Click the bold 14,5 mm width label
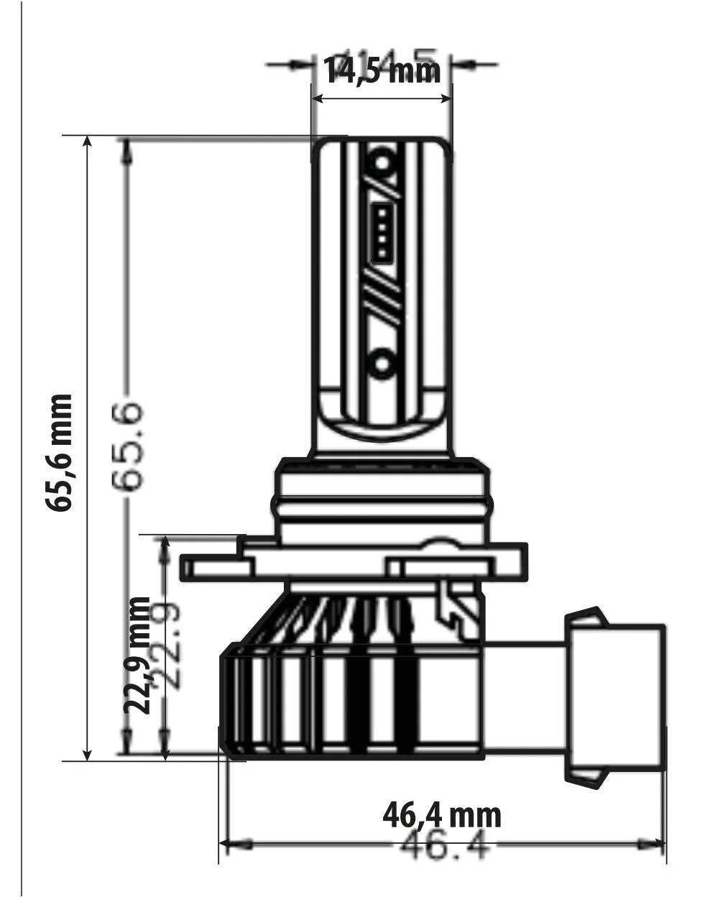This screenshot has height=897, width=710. point(382,70)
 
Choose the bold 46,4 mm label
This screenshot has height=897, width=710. point(441,815)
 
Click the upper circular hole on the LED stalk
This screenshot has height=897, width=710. point(383,162)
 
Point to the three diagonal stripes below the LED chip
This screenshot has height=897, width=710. point(381,302)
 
